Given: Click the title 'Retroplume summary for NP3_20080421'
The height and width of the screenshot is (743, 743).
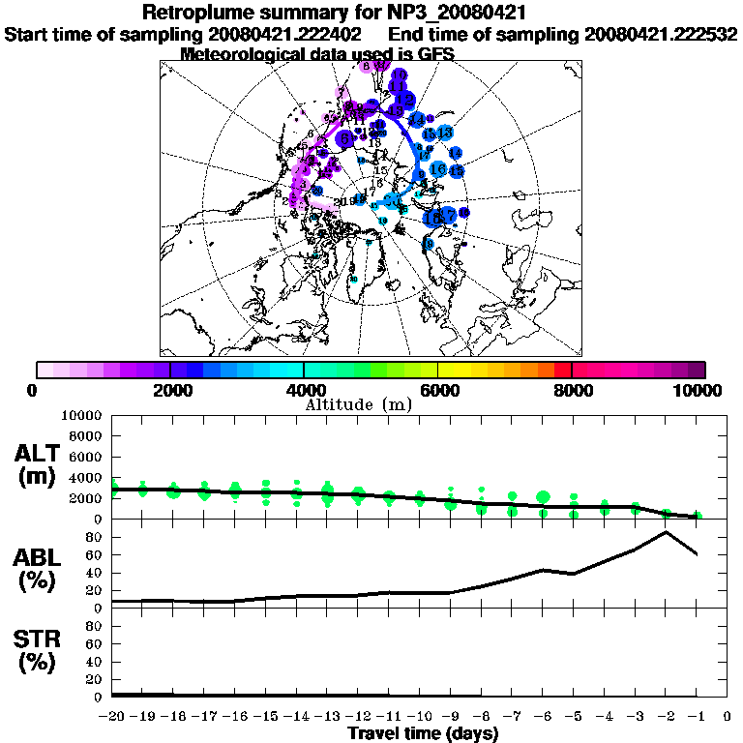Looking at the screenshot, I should [x=334, y=14].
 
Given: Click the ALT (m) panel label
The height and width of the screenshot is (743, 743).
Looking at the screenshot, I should [x=38, y=464].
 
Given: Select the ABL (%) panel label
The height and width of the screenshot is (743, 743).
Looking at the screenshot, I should [x=38, y=569].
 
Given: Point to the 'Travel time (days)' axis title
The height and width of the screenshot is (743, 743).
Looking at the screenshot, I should [x=423, y=734].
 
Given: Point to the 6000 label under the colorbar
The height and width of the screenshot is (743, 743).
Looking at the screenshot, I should [x=438, y=390].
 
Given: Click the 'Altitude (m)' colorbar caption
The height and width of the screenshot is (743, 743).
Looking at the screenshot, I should [x=359, y=404].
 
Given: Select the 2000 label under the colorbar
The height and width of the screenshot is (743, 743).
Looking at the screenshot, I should [x=170, y=390].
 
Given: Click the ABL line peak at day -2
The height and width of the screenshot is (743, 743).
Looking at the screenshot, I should [x=666, y=531].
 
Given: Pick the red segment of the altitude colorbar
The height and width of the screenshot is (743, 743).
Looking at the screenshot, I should [x=563, y=369].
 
